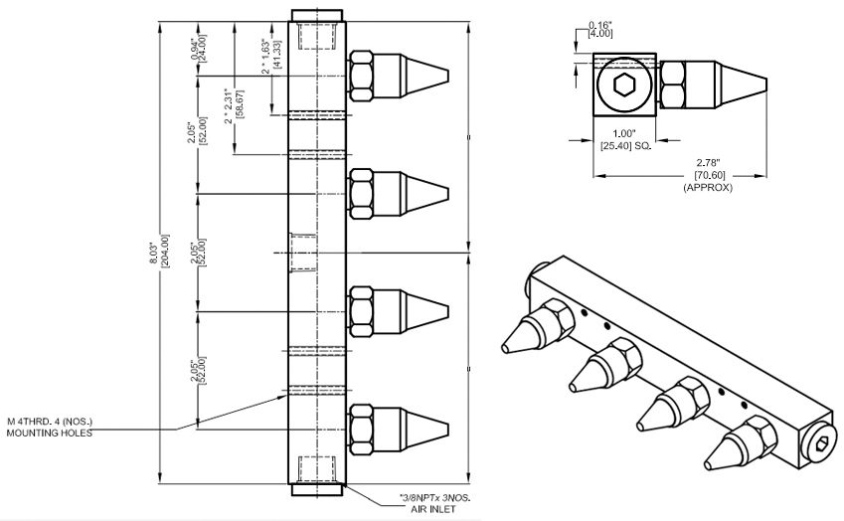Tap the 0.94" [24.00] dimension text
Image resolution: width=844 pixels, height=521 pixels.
click(x=198, y=51)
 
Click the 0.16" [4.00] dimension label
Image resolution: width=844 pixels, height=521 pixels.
click(x=599, y=28)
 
